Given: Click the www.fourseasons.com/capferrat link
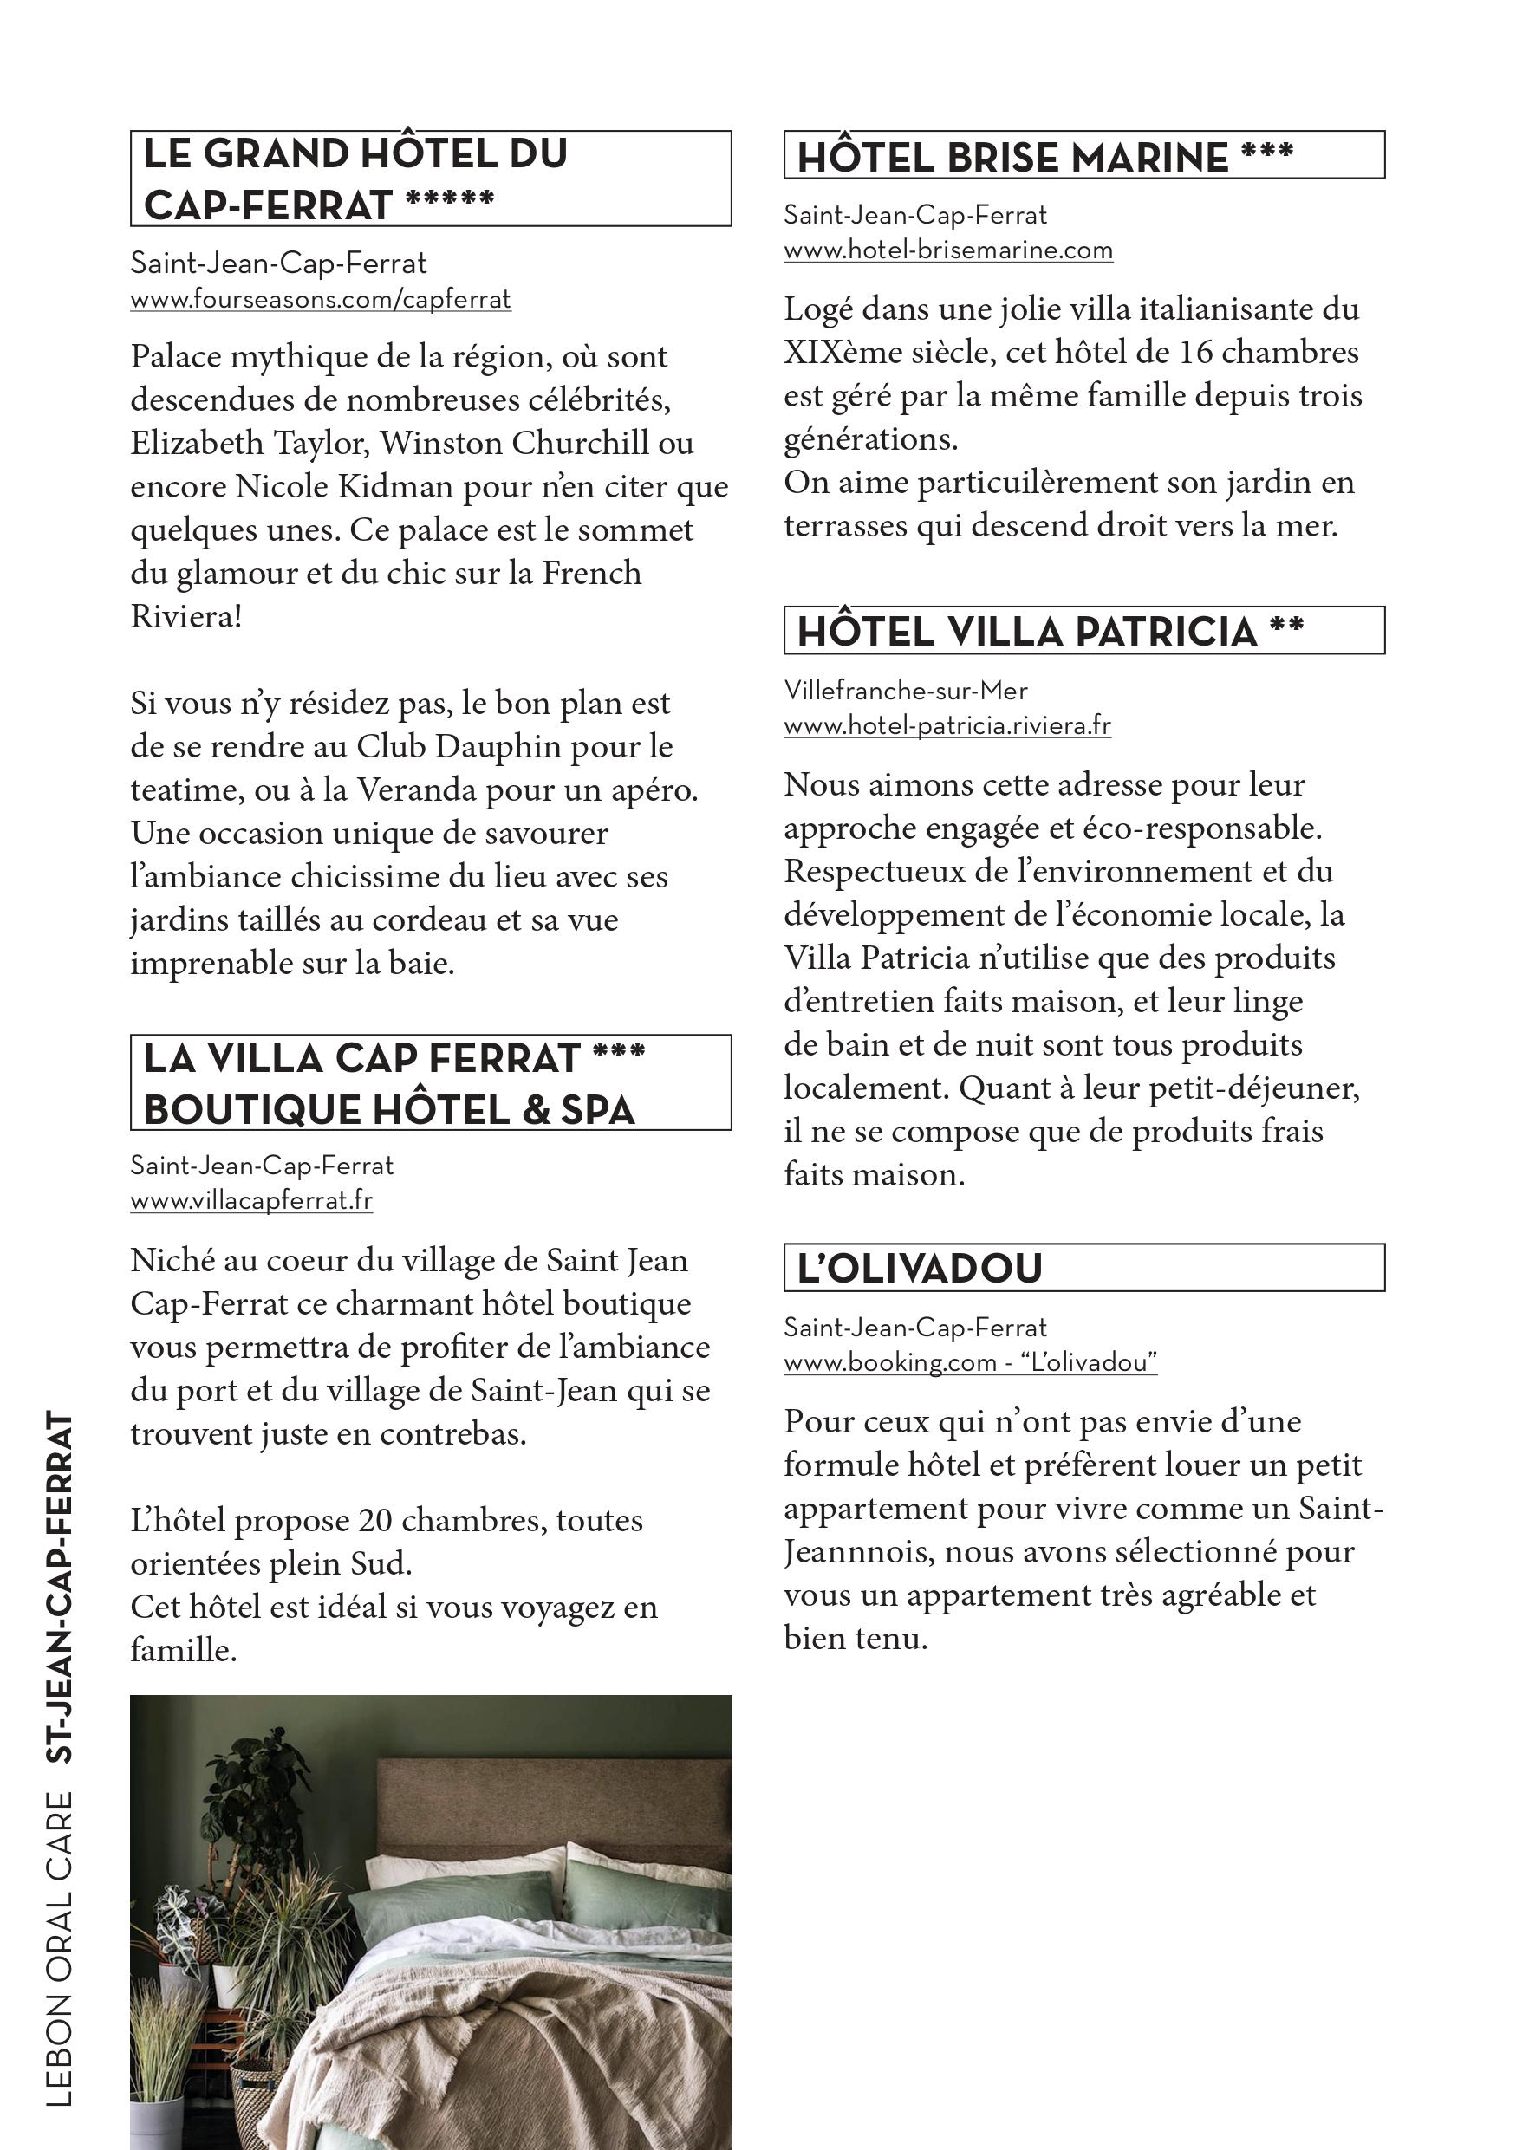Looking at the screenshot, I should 320,301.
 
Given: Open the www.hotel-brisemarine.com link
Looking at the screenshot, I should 947,251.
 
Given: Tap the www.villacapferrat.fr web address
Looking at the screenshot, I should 251,1200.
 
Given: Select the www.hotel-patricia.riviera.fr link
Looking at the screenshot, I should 947,725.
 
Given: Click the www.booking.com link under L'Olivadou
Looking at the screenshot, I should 969,1362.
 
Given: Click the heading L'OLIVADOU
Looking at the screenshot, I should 920,1268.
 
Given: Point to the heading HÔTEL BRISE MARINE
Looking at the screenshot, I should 1012,158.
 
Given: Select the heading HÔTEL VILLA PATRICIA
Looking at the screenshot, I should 1026,631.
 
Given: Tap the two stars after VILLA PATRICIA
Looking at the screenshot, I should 1286,626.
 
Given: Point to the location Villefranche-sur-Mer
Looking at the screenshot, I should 906,691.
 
